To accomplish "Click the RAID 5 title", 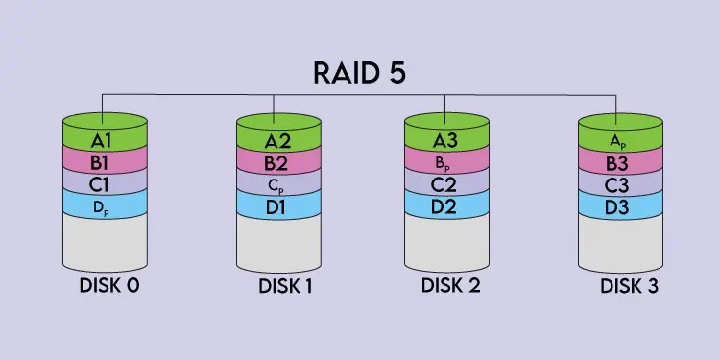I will click(x=360, y=75).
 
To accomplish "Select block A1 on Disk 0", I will click(x=104, y=140).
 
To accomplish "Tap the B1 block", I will click(x=104, y=160).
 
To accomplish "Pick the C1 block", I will click(x=104, y=181).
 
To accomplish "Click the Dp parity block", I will click(x=104, y=204).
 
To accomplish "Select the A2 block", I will click(x=276, y=140).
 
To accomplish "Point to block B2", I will click(x=276, y=160).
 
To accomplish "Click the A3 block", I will click(x=446, y=140).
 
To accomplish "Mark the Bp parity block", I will click(x=446, y=160).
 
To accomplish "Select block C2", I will click(x=446, y=181).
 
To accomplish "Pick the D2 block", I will click(x=446, y=204).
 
